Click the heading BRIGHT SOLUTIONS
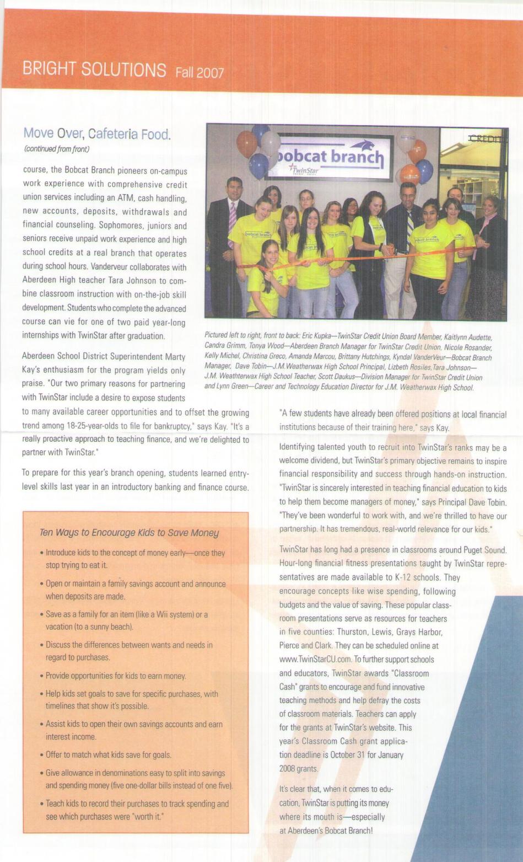click(94, 70)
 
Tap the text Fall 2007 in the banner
click(200, 72)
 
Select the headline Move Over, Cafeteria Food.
click(97, 133)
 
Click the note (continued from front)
click(57, 149)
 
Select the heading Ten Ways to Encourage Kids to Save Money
click(129, 533)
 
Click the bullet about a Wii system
click(126, 620)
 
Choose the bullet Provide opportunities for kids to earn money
click(116, 676)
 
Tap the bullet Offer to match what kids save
click(108, 755)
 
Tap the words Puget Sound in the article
click(484, 550)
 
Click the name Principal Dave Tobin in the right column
click(471, 502)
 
